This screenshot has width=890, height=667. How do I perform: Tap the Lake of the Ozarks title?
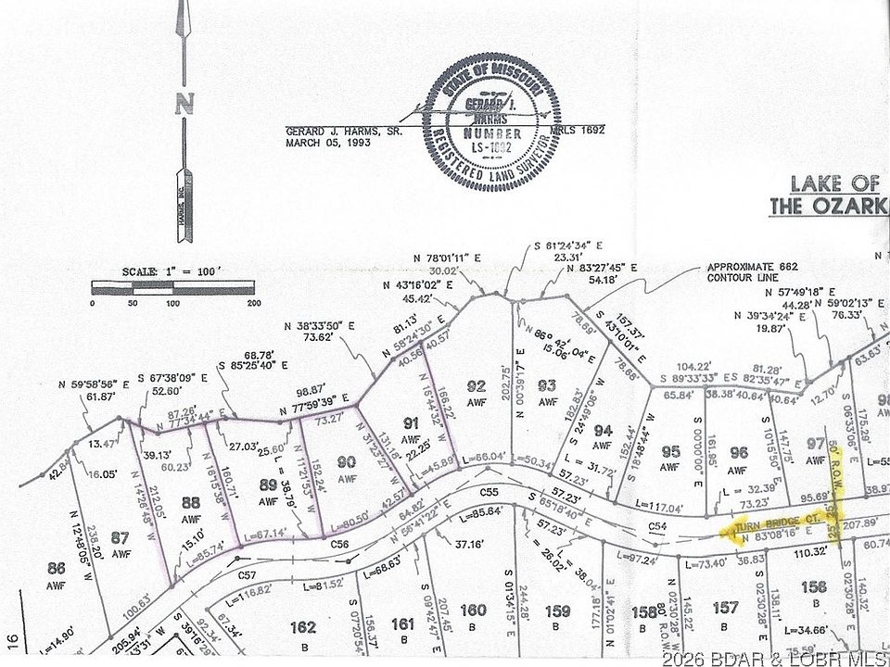click(829, 195)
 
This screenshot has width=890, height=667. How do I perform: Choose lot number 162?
click(303, 627)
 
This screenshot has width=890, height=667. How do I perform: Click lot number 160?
click(473, 610)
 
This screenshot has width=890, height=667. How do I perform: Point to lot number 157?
click(727, 608)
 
